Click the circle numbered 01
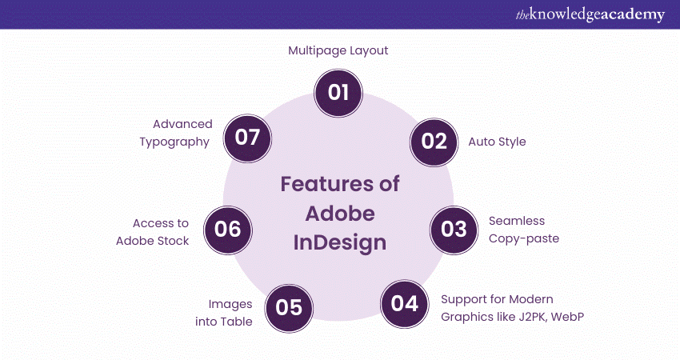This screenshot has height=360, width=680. [338, 93]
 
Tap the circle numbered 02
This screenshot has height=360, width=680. [434, 142]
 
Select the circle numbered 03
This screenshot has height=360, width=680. [454, 230]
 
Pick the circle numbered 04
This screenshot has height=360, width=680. [405, 304]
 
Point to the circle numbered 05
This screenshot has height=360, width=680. [289, 308]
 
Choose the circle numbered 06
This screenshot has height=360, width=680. [228, 230]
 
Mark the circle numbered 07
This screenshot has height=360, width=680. [247, 138]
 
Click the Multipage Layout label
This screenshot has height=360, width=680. [338, 50]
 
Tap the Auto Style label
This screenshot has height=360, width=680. [497, 142]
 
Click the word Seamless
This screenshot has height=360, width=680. [517, 221]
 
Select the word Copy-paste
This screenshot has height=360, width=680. [524, 239]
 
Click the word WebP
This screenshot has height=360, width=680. [568, 317]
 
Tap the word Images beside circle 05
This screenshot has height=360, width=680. [230, 305]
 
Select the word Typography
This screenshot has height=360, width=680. [174, 142]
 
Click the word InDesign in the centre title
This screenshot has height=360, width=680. [339, 243]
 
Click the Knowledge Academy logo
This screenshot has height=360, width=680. [590, 14]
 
